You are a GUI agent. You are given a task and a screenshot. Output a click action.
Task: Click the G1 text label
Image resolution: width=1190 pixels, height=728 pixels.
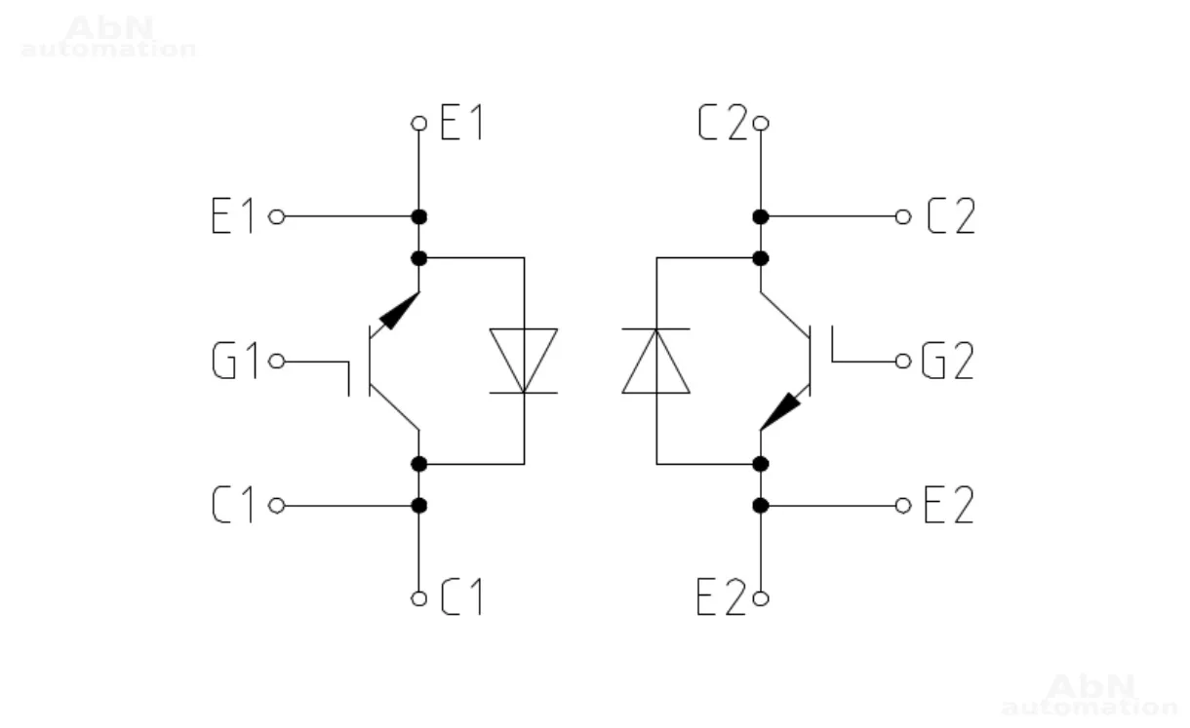[235, 363]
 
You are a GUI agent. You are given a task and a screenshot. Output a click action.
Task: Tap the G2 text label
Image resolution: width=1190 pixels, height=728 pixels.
[948, 363]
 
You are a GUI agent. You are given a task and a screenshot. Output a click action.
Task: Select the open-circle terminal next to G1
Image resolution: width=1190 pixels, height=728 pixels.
[276, 363]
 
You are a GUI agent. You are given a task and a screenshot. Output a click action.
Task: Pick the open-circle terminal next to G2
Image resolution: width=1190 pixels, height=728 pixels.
[903, 363]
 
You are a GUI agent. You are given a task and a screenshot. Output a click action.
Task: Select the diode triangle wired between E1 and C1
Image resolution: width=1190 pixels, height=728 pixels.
[524, 360]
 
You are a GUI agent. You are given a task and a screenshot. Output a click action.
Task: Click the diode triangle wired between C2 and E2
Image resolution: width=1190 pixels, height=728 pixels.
[655, 362]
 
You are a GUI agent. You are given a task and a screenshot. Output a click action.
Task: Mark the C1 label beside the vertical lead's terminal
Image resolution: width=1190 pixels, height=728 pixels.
[462, 598]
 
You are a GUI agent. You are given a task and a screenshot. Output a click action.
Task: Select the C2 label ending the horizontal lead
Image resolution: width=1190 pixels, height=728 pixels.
[951, 216]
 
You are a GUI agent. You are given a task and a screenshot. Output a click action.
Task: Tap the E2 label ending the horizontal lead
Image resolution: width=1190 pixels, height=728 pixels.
[949, 506]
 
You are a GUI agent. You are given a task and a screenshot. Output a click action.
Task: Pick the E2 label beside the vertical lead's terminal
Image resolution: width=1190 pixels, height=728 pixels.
[722, 598]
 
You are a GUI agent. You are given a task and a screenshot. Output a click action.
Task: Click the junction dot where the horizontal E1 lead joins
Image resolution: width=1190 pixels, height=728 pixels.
[419, 216]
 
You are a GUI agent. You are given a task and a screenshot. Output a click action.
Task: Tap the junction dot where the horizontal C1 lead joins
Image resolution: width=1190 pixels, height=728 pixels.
[419, 506]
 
